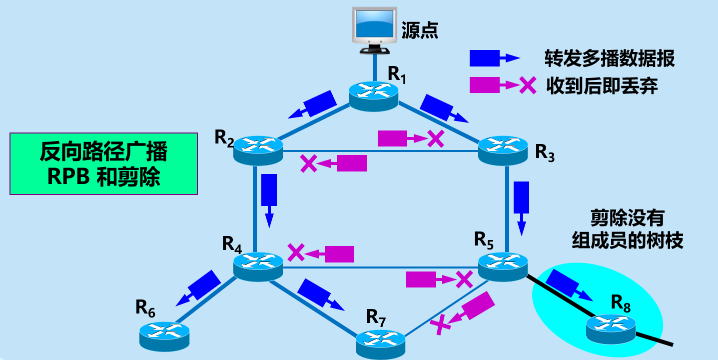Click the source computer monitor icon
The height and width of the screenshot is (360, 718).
375,30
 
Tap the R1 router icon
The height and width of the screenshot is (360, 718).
373,94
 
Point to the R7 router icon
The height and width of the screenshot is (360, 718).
381,342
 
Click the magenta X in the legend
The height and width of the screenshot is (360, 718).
528,86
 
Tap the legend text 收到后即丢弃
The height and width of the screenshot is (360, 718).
602,86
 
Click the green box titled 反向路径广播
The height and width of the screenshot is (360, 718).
104,163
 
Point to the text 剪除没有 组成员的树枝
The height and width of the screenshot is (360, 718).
627,230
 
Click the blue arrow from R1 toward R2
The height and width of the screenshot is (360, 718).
314,104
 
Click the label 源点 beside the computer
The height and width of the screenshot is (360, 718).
420,31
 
